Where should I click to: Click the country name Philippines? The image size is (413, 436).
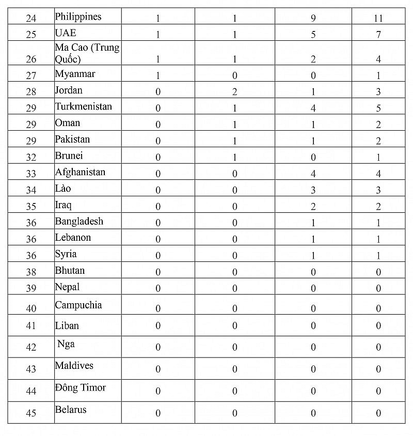[x=78, y=17]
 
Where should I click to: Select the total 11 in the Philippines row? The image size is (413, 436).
[x=378, y=19]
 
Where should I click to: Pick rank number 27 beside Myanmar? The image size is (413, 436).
[x=31, y=76]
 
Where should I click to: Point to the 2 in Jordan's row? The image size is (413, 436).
[x=234, y=92]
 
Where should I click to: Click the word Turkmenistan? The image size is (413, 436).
[x=83, y=106]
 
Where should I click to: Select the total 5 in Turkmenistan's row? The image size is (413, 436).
[x=378, y=108]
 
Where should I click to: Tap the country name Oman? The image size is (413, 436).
[x=68, y=123]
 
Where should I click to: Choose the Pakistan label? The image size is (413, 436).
[x=72, y=139]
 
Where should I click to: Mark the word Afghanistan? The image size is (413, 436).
[x=80, y=172]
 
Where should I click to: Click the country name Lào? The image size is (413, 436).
[x=63, y=189]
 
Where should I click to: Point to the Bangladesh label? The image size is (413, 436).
[x=79, y=221]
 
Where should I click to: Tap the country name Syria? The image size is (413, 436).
[x=66, y=254]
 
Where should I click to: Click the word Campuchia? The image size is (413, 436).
[x=78, y=305]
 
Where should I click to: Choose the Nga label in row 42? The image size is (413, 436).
[x=66, y=344]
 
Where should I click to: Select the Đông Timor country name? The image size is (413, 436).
[x=80, y=387]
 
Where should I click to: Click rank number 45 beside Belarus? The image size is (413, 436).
[x=31, y=413]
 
